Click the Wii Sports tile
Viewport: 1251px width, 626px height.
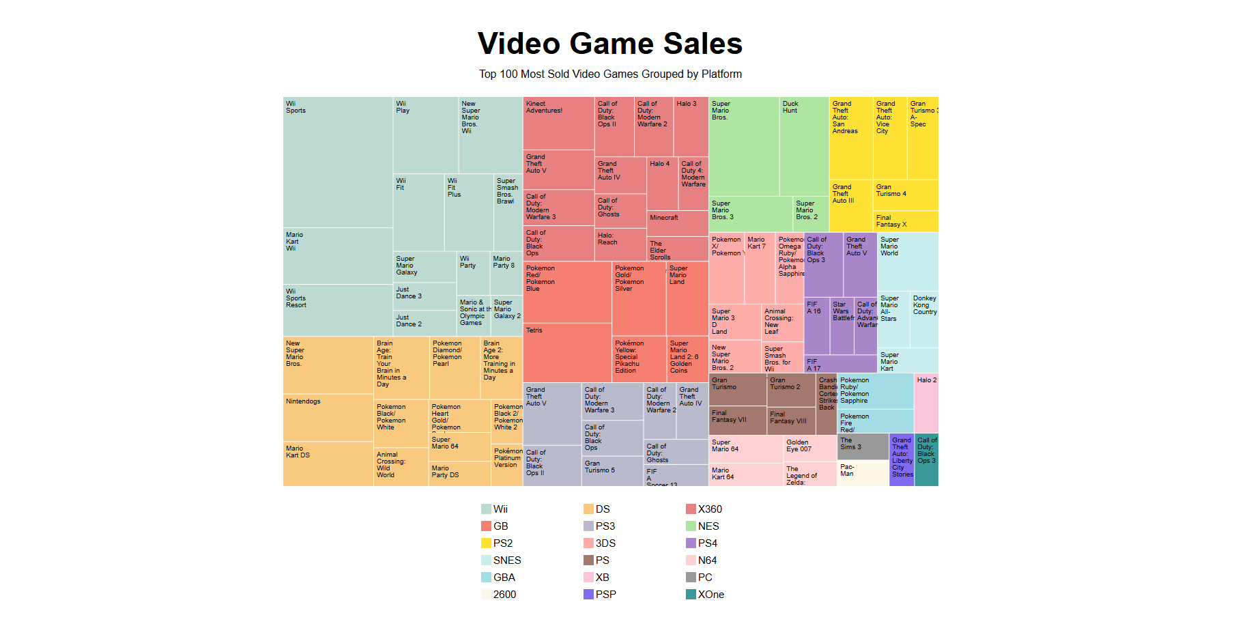(x=338, y=162)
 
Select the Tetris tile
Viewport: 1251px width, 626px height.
(x=567, y=352)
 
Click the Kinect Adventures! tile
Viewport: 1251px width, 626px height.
(x=558, y=123)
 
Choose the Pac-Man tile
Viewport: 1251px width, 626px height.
(x=863, y=472)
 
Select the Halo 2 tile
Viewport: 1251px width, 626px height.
(x=926, y=403)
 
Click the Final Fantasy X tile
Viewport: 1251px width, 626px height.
(x=906, y=221)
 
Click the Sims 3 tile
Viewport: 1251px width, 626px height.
(x=863, y=446)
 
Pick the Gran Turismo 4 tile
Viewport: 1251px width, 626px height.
(x=906, y=195)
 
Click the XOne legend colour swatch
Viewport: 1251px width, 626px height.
(x=691, y=595)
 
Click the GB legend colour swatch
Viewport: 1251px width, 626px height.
(x=486, y=526)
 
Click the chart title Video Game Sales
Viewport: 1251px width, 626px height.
(x=609, y=44)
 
